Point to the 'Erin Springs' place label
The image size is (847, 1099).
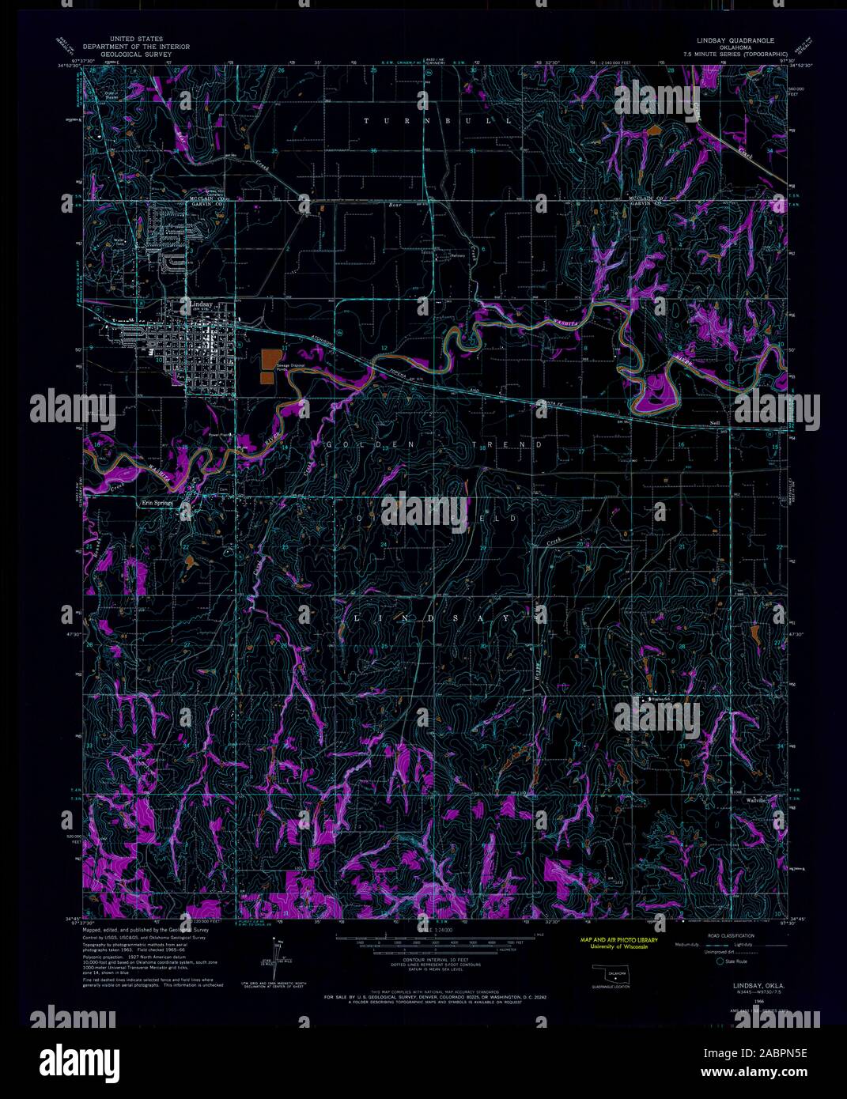[x=157, y=502]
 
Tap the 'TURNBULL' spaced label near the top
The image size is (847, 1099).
[x=437, y=121]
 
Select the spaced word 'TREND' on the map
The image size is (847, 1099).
[x=506, y=445]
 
